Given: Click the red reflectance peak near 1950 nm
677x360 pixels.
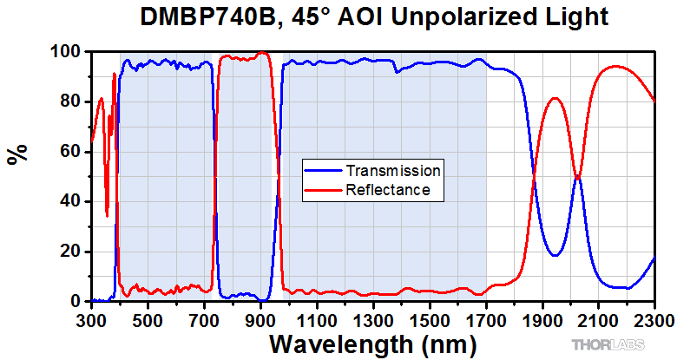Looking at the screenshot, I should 556,98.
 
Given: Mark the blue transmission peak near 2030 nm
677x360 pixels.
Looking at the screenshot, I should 577,178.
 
